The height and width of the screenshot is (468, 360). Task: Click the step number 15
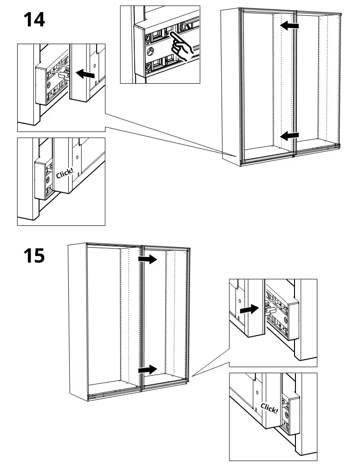coord(34,255)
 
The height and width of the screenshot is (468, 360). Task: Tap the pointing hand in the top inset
coord(182,45)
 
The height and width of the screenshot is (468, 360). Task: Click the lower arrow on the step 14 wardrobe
coord(290,136)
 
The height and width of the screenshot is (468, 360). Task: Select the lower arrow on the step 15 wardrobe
coord(148,369)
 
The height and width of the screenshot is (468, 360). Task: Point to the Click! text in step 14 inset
coord(65,173)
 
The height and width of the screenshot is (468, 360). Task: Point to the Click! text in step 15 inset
coord(269,409)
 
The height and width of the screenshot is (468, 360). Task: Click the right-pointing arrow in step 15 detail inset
coord(249,309)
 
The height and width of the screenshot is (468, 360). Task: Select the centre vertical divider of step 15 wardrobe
coord(141,316)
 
